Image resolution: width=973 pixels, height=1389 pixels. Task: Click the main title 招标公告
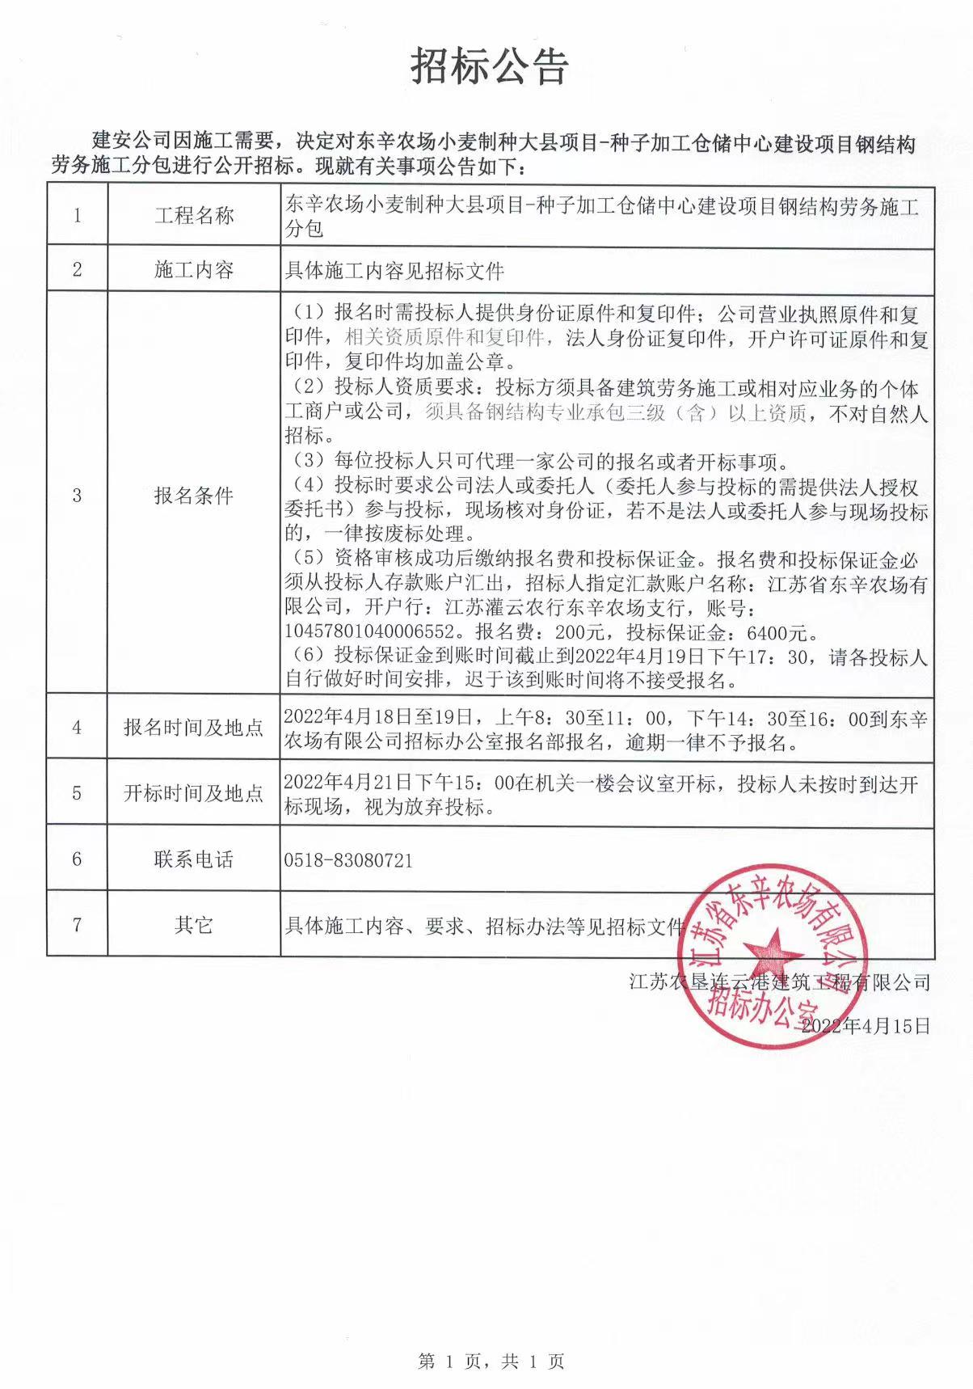click(x=490, y=66)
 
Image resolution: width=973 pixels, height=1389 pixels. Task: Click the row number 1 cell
click(x=78, y=215)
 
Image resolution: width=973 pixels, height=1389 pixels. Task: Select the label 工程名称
click(x=194, y=215)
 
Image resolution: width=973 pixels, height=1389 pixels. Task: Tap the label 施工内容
click(x=194, y=270)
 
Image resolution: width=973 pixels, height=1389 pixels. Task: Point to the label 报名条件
click(x=194, y=496)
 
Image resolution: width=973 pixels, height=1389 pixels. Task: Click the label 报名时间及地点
click(x=194, y=728)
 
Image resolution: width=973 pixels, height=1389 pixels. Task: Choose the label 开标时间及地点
click(x=194, y=793)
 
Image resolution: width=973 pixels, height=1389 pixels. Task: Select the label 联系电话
click(x=194, y=859)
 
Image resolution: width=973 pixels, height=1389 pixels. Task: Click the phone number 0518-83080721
click(x=348, y=860)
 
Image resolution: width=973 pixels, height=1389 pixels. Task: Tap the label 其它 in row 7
click(x=194, y=925)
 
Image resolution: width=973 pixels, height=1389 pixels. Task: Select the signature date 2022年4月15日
click(x=866, y=1026)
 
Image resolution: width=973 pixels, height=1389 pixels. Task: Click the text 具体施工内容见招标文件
click(x=394, y=271)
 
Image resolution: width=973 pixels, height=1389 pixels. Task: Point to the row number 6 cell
click(x=78, y=859)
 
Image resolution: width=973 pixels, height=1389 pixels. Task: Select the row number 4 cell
click(x=78, y=728)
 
